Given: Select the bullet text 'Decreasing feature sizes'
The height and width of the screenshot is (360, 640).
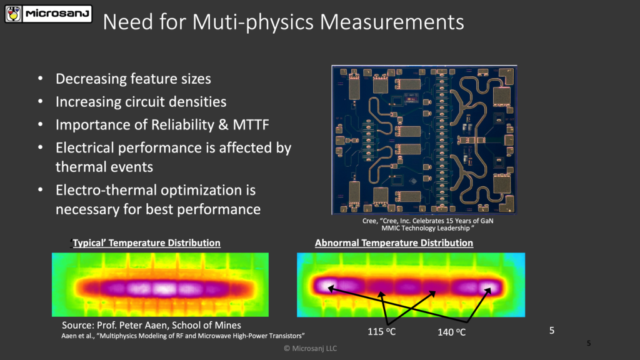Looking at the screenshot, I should (133, 79).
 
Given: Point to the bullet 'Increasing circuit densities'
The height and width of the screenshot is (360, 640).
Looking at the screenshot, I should (141, 101).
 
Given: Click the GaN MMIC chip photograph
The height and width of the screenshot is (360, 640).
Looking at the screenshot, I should (424, 140).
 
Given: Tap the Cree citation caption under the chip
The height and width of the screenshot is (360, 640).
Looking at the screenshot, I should (424, 224).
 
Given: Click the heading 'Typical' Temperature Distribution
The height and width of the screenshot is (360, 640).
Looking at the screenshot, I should (146, 242).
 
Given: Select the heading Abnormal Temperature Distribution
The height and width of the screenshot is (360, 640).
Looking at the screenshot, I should (394, 242).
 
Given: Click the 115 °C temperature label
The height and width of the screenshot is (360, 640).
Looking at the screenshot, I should (382, 331).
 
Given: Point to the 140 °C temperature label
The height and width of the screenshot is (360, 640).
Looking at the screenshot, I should (452, 332).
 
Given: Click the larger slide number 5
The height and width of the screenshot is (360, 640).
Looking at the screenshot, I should (552, 330).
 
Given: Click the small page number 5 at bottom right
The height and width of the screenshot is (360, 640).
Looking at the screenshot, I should (589, 343).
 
